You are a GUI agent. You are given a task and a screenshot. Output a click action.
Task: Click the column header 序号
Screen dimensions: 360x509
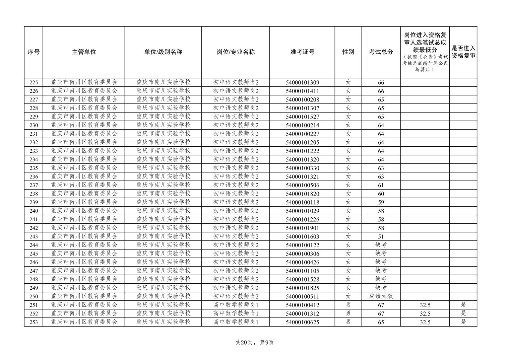coord(34,52)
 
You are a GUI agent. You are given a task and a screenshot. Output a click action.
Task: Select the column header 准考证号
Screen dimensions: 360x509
coord(302,52)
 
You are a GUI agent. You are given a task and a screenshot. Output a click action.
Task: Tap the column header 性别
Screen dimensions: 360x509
coord(348,52)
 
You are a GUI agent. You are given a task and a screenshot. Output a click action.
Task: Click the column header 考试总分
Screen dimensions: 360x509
coord(381,52)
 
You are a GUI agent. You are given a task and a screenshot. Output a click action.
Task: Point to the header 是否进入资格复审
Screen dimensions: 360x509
coord(463,52)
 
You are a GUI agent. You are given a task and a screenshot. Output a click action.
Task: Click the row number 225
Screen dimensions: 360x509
coord(34,83)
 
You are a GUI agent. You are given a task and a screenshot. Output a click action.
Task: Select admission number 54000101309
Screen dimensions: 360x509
coord(302,83)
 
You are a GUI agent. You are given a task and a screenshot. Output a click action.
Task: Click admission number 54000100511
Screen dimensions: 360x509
coord(302,296)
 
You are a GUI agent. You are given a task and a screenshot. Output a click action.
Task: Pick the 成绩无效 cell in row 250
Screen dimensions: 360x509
coord(381,296)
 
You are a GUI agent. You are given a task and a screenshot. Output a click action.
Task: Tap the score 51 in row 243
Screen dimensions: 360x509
coord(381,236)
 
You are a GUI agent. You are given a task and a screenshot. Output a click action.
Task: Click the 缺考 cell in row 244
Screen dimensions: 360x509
coord(381,245)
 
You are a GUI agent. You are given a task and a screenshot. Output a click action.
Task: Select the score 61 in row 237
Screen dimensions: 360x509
coord(381,185)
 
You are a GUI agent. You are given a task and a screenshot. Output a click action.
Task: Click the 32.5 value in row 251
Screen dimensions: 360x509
coord(425,305)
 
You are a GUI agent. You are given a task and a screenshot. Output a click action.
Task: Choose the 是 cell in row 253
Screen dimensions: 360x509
coord(463,322)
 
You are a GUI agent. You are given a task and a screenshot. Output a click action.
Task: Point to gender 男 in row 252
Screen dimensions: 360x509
coord(348,313)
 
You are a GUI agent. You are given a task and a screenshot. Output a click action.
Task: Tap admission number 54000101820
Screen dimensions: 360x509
coord(302,194)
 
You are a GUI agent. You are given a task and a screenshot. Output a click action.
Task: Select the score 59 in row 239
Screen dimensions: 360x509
coord(381,202)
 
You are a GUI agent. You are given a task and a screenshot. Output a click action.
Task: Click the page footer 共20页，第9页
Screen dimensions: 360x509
coord(254,342)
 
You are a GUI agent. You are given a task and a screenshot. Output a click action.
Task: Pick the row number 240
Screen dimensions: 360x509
coord(34,211)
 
